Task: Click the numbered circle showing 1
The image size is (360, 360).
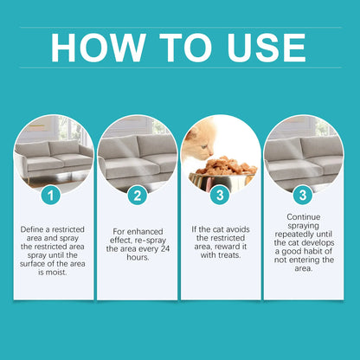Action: [x=54, y=196]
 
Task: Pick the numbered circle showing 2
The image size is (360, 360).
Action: [x=137, y=196]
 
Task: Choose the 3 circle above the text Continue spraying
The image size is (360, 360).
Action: [x=303, y=196]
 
